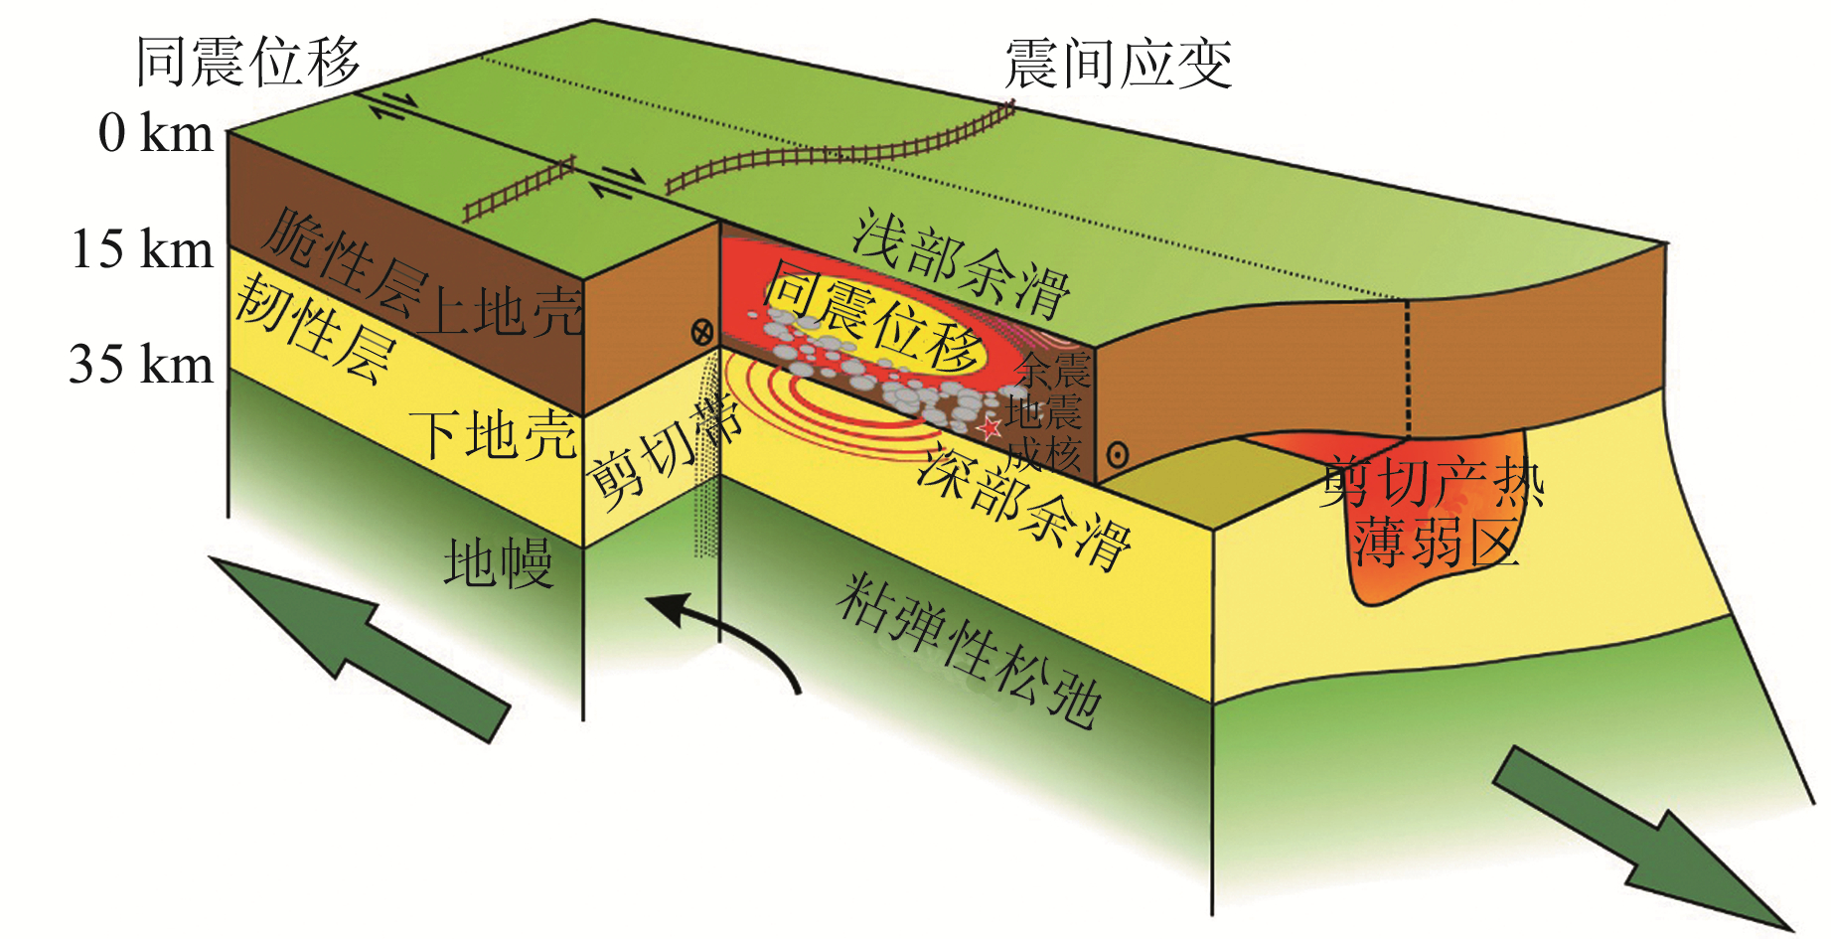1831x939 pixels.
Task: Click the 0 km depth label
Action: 156,133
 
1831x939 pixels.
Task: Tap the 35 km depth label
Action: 141,364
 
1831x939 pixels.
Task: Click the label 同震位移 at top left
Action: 247,62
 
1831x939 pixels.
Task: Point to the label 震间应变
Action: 1118,65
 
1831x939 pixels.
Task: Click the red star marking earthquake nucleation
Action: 990,429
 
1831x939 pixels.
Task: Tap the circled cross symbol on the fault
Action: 702,332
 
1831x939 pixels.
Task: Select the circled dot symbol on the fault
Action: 1118,455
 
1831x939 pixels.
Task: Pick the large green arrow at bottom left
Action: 358,646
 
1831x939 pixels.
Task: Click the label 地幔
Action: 497,563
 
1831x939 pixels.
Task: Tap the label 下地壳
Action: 493,435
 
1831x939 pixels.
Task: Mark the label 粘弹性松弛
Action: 969,651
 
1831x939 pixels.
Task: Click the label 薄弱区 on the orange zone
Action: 1436,543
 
